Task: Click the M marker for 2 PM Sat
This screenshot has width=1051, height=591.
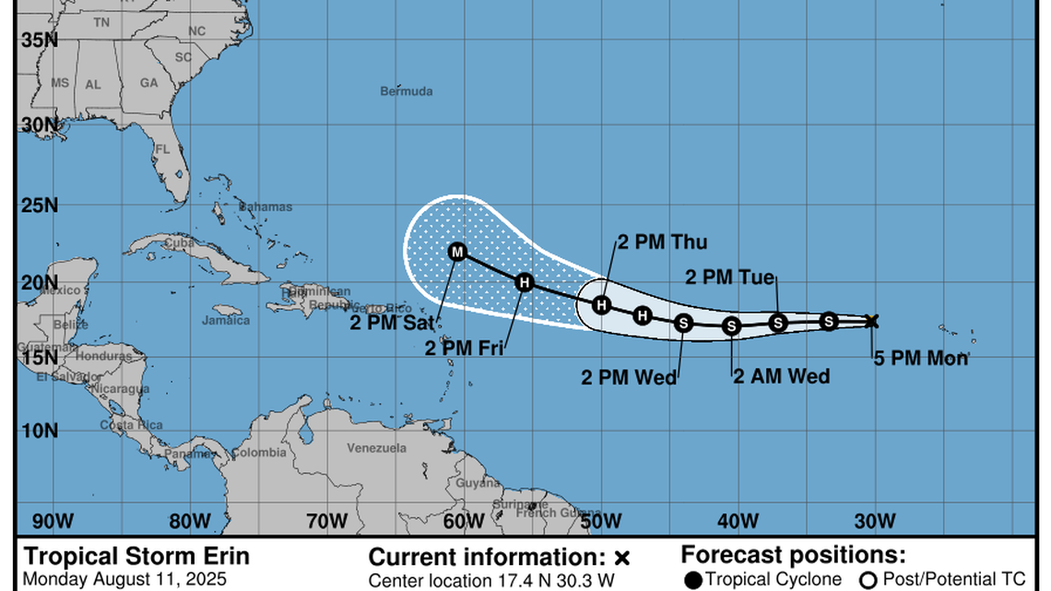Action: pyautogui.click(x=457, y=252)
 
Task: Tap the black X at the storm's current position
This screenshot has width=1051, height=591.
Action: pyautogui.click(x=871, y=321)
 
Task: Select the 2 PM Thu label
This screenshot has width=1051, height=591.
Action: pyautogui.click(x=662, y=242)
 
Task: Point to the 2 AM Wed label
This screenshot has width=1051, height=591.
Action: pyautogui.click(x=782, y=376)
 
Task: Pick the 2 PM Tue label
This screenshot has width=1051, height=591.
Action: pyautogui.click(x=729, y=277)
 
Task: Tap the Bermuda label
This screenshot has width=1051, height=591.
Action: pyautogui.click(x=407, y=91)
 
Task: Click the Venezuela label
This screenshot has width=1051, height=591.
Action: pyautogui.click(x=376, y=448)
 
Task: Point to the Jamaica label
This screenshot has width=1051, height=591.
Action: pyautogui.click(x=226, y=321)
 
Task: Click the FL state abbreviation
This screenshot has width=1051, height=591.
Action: pyautogui.click(x=163, y=149)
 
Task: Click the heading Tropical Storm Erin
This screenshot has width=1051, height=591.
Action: pyautogui.click(x=136, y=557)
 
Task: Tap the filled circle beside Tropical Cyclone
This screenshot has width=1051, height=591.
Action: pyautogui.click(x=692, y=580)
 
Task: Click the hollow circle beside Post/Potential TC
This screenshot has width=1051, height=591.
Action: pyautogui.click(x=868, y=580)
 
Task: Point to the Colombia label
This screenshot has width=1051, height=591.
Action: pyautogui.click(x=258, y=453)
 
